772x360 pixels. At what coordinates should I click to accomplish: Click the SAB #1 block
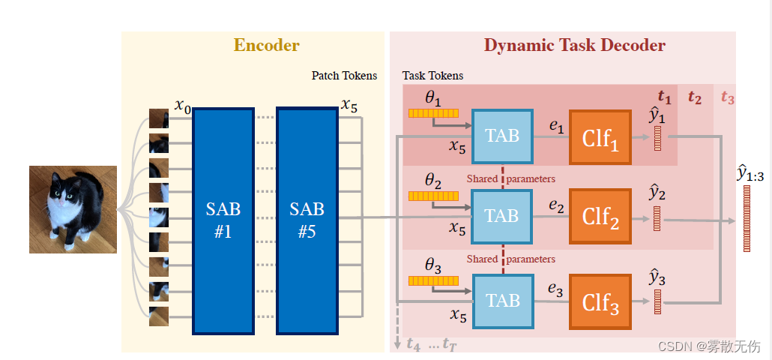[223, 220]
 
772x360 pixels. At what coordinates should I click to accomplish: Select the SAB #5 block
[307, 220]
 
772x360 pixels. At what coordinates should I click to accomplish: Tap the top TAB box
[502, 136]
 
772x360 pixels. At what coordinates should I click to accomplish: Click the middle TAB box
[502, 216]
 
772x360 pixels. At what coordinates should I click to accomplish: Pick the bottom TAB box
[502, 301]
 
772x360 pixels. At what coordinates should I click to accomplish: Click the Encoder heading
[266, 45]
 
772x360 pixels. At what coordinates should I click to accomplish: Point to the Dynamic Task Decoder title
[574, 45]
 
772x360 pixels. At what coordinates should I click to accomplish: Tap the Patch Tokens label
[344, 76]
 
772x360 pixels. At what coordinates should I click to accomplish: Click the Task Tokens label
[432, 76]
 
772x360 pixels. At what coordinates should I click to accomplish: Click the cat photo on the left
[73, 209]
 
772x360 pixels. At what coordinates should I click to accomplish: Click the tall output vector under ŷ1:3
[747, 218]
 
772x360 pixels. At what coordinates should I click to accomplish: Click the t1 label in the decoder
[664, 96]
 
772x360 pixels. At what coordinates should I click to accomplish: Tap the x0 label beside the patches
[183, 105]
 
